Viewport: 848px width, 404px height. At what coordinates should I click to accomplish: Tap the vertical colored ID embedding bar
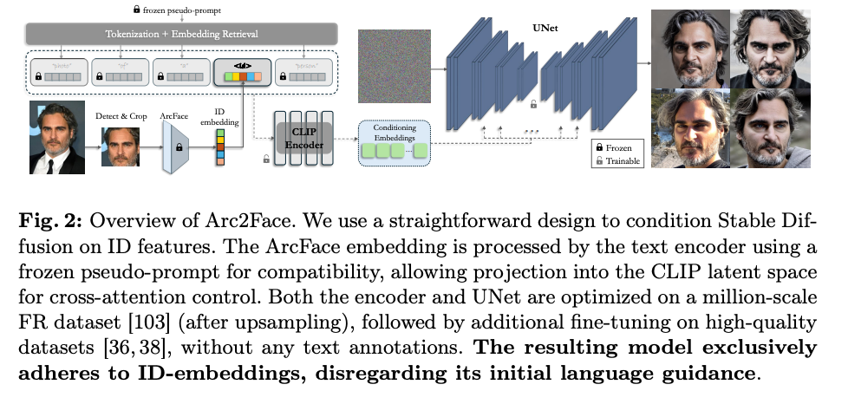(219, 148)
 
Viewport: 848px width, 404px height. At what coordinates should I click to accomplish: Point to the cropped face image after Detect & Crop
(121, 147)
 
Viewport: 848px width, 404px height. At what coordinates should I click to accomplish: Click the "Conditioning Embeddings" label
(394, 134)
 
